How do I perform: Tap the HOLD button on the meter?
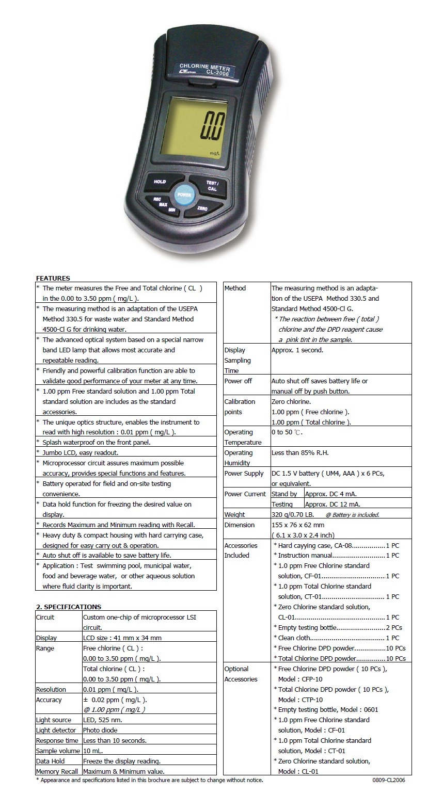[160, 182]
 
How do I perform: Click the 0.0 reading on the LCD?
[213, 127]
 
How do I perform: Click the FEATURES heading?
[53, 278]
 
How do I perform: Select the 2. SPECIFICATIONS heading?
[69, 607]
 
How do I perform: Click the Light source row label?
[54, 720]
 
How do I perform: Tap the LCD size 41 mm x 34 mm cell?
[122, 638]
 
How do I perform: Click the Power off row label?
[238, 381]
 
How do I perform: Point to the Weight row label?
[234, 514]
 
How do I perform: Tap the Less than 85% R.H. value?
[300, 452]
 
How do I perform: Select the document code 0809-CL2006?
[389, 780]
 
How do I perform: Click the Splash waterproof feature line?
[97, 442]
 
